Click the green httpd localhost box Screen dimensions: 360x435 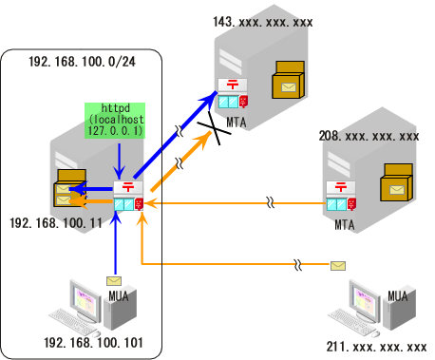pyautogui.click(x=113, y=121)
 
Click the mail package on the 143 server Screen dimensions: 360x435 pyautogui.click(x=288, y=81)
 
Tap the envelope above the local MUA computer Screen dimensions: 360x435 pyautogui.click(x=115, y=281)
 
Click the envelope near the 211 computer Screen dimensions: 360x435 pyautogui.click(x=338, y=266)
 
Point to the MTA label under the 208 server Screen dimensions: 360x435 pyautogui.click(x=343, y=225)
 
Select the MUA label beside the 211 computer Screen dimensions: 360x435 pyautogui.click(x=398, y=296)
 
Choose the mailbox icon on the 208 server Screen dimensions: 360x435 pyautogui.click(x=340, y=198)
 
